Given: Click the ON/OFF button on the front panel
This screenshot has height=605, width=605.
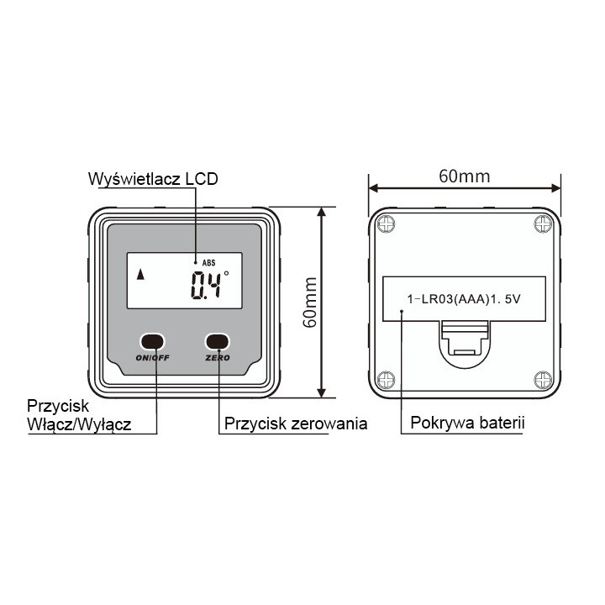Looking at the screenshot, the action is [x=152, y=341].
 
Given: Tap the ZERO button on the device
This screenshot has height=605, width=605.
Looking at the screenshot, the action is [x=218, y=341].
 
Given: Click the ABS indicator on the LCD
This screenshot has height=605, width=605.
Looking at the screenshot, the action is [x=208, y=263].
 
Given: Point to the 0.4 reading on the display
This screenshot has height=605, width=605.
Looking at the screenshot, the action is [x=206, y=285].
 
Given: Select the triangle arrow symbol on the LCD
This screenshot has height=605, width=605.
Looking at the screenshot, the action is [x=141, y=274].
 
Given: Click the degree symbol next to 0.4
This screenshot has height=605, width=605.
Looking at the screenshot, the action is [x=226, y=273].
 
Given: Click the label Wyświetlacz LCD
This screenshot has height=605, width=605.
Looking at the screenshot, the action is [x=153, y=179].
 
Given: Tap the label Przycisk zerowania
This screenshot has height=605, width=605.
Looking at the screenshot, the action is [x=296, y=423].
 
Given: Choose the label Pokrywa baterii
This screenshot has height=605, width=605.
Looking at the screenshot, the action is [x=467, y=423].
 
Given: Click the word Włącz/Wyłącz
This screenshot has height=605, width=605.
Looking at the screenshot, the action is [x=79, y=424].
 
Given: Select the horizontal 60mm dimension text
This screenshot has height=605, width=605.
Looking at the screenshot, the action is [x=465, y=176].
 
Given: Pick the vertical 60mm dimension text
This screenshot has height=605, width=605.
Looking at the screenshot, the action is [x=310, y=302].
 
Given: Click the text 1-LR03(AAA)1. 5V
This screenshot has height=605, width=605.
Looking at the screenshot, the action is [x=464, y=299].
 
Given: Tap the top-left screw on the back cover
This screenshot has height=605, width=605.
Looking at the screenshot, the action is [x=386, y=224].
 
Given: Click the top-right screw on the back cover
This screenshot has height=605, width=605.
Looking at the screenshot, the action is [x=543, y=224].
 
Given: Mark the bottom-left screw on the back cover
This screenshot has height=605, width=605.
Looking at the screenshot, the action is [x=386, y=380].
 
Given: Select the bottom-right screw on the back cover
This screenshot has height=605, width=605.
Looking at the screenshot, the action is [x=543, y=380].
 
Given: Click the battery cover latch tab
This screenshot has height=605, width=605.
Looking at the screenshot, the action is [x=465, y=339].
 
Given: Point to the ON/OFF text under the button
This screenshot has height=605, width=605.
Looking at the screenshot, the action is [x=152, y=358].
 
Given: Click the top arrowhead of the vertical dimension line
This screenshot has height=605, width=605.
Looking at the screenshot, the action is [x=321, y=212].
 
